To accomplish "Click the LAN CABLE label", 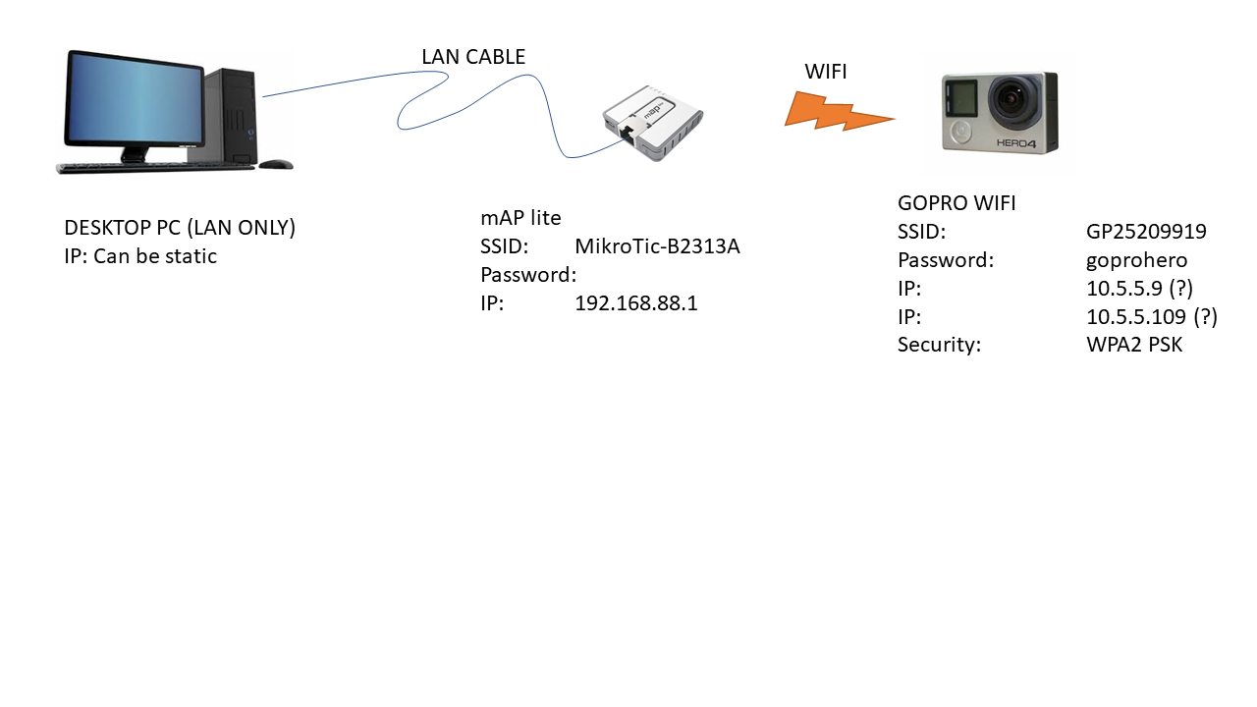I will click(x=473, y=57).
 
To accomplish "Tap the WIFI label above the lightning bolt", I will click(x=825, y=72).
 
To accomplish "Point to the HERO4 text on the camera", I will click(x=1024, y=142).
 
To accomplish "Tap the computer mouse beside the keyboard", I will click(x=275, y=164).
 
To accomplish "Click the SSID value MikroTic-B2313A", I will click(x=657, y=246).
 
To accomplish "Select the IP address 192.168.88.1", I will click(x=635, y=303).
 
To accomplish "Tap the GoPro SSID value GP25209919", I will click(x=1146, y=232).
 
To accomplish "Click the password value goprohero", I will click(x=1136, y=260).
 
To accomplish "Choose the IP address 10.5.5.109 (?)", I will click(x=1151, y=317).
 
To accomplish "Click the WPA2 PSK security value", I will click(x=1134, y=345).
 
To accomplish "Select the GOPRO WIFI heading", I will click(x=956, y=203).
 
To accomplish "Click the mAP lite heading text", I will click(x=520, y=218).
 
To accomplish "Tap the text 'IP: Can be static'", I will click(x=140, y=256).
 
